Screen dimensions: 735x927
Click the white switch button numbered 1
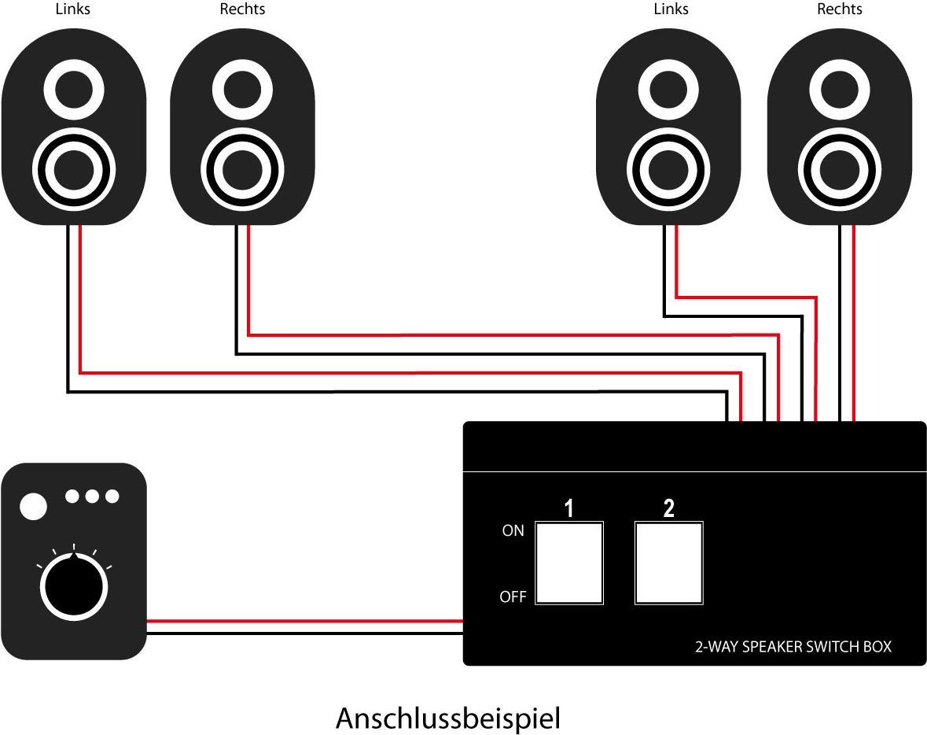[x=569, y=563]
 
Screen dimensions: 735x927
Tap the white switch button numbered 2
[x=668, y=563]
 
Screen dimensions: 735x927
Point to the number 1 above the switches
[x=568, y=508]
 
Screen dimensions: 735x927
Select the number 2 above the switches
[x=668, y=508]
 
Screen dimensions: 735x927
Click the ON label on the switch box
[x=513, y=531]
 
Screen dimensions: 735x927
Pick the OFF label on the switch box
[x=513, y=597]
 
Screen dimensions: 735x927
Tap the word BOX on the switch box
[x=876, y=647]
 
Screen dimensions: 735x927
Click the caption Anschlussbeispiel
[x=448, y=718]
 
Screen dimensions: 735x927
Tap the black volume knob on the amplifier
[x=73, y=588]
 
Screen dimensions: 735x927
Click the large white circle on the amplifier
[x=33, y=507]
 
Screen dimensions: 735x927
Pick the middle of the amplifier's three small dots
[x=93, y=496]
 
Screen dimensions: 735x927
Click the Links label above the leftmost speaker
[x=72, y=9]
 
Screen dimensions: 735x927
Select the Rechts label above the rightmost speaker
[x=840, y=9]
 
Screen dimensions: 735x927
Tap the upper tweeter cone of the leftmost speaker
[x=73, y=89]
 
